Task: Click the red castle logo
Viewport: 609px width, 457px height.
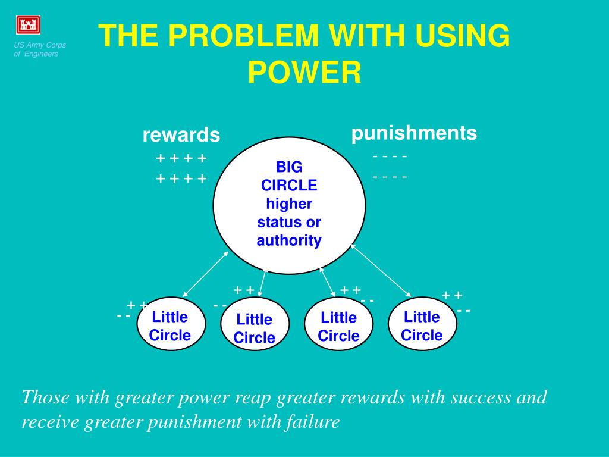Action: click(x=27, y=25)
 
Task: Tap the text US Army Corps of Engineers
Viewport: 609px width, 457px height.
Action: click(x=40, y=49)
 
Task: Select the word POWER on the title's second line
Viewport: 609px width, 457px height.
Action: click(x=304, y=73)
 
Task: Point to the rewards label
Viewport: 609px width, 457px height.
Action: click(x=181, y=135)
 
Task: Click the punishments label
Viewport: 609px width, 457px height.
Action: click(x=414, y=133)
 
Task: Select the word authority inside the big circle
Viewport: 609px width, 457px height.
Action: click(x=289, y=240)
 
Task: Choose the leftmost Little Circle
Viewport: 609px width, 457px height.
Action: click(x=171, y=324)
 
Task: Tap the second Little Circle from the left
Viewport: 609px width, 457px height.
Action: click(x=255, y=328)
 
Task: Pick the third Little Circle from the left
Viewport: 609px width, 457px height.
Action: click(x=339, y=326)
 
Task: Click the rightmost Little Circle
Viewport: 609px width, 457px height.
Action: click(x=422, y=325)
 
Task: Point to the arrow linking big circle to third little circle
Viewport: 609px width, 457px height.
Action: click(x=328, y=281)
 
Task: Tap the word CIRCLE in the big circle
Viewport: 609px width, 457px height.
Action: click(x=289, y=185)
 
